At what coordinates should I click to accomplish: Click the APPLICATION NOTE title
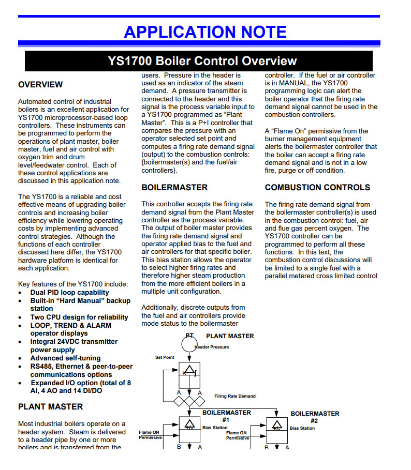pos(205,32)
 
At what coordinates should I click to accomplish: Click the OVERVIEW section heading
pos(40,84)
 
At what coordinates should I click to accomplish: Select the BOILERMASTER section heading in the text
pos(174,187)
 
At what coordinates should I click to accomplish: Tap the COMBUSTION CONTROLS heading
pos(317,187)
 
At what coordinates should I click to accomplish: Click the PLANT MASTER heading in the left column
pos(51,407)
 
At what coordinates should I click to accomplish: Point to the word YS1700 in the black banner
pos(130,61)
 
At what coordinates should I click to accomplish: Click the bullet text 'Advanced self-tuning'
pos(65,358)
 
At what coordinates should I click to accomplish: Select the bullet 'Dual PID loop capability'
pos(69,292)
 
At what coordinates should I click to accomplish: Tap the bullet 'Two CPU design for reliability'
pos(79,317)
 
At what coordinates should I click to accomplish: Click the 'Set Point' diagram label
pos(165,357)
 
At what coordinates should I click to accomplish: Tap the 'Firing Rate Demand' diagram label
pos(235,396)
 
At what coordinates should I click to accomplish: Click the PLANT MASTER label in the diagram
pos(230,336)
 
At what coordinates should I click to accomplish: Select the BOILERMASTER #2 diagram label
pos(315,417)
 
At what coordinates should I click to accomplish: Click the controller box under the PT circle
pos(189,375)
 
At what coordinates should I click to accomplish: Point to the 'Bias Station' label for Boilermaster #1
pos(214,428)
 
